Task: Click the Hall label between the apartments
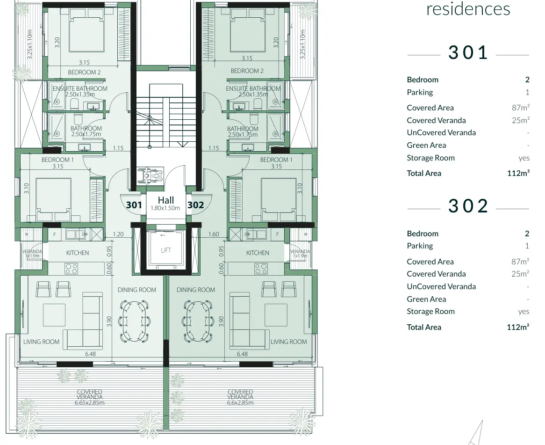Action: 166,200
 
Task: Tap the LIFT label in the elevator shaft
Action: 166,250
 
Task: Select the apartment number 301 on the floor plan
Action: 134,205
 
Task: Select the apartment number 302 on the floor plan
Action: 196,205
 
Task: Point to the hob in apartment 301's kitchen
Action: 71,269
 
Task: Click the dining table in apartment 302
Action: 196,321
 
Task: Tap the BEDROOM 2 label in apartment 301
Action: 84,72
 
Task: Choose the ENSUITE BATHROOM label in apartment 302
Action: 253,88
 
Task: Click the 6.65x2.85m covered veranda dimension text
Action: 89,402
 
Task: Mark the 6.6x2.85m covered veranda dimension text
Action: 240,402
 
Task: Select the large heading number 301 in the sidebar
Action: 468,52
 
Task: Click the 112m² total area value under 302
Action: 518,327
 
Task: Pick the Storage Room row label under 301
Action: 430,158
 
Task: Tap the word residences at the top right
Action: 468,9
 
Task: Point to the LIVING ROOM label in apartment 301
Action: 42,342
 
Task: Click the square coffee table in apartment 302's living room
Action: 276,315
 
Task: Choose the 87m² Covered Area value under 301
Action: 520,108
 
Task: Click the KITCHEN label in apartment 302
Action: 258,253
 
